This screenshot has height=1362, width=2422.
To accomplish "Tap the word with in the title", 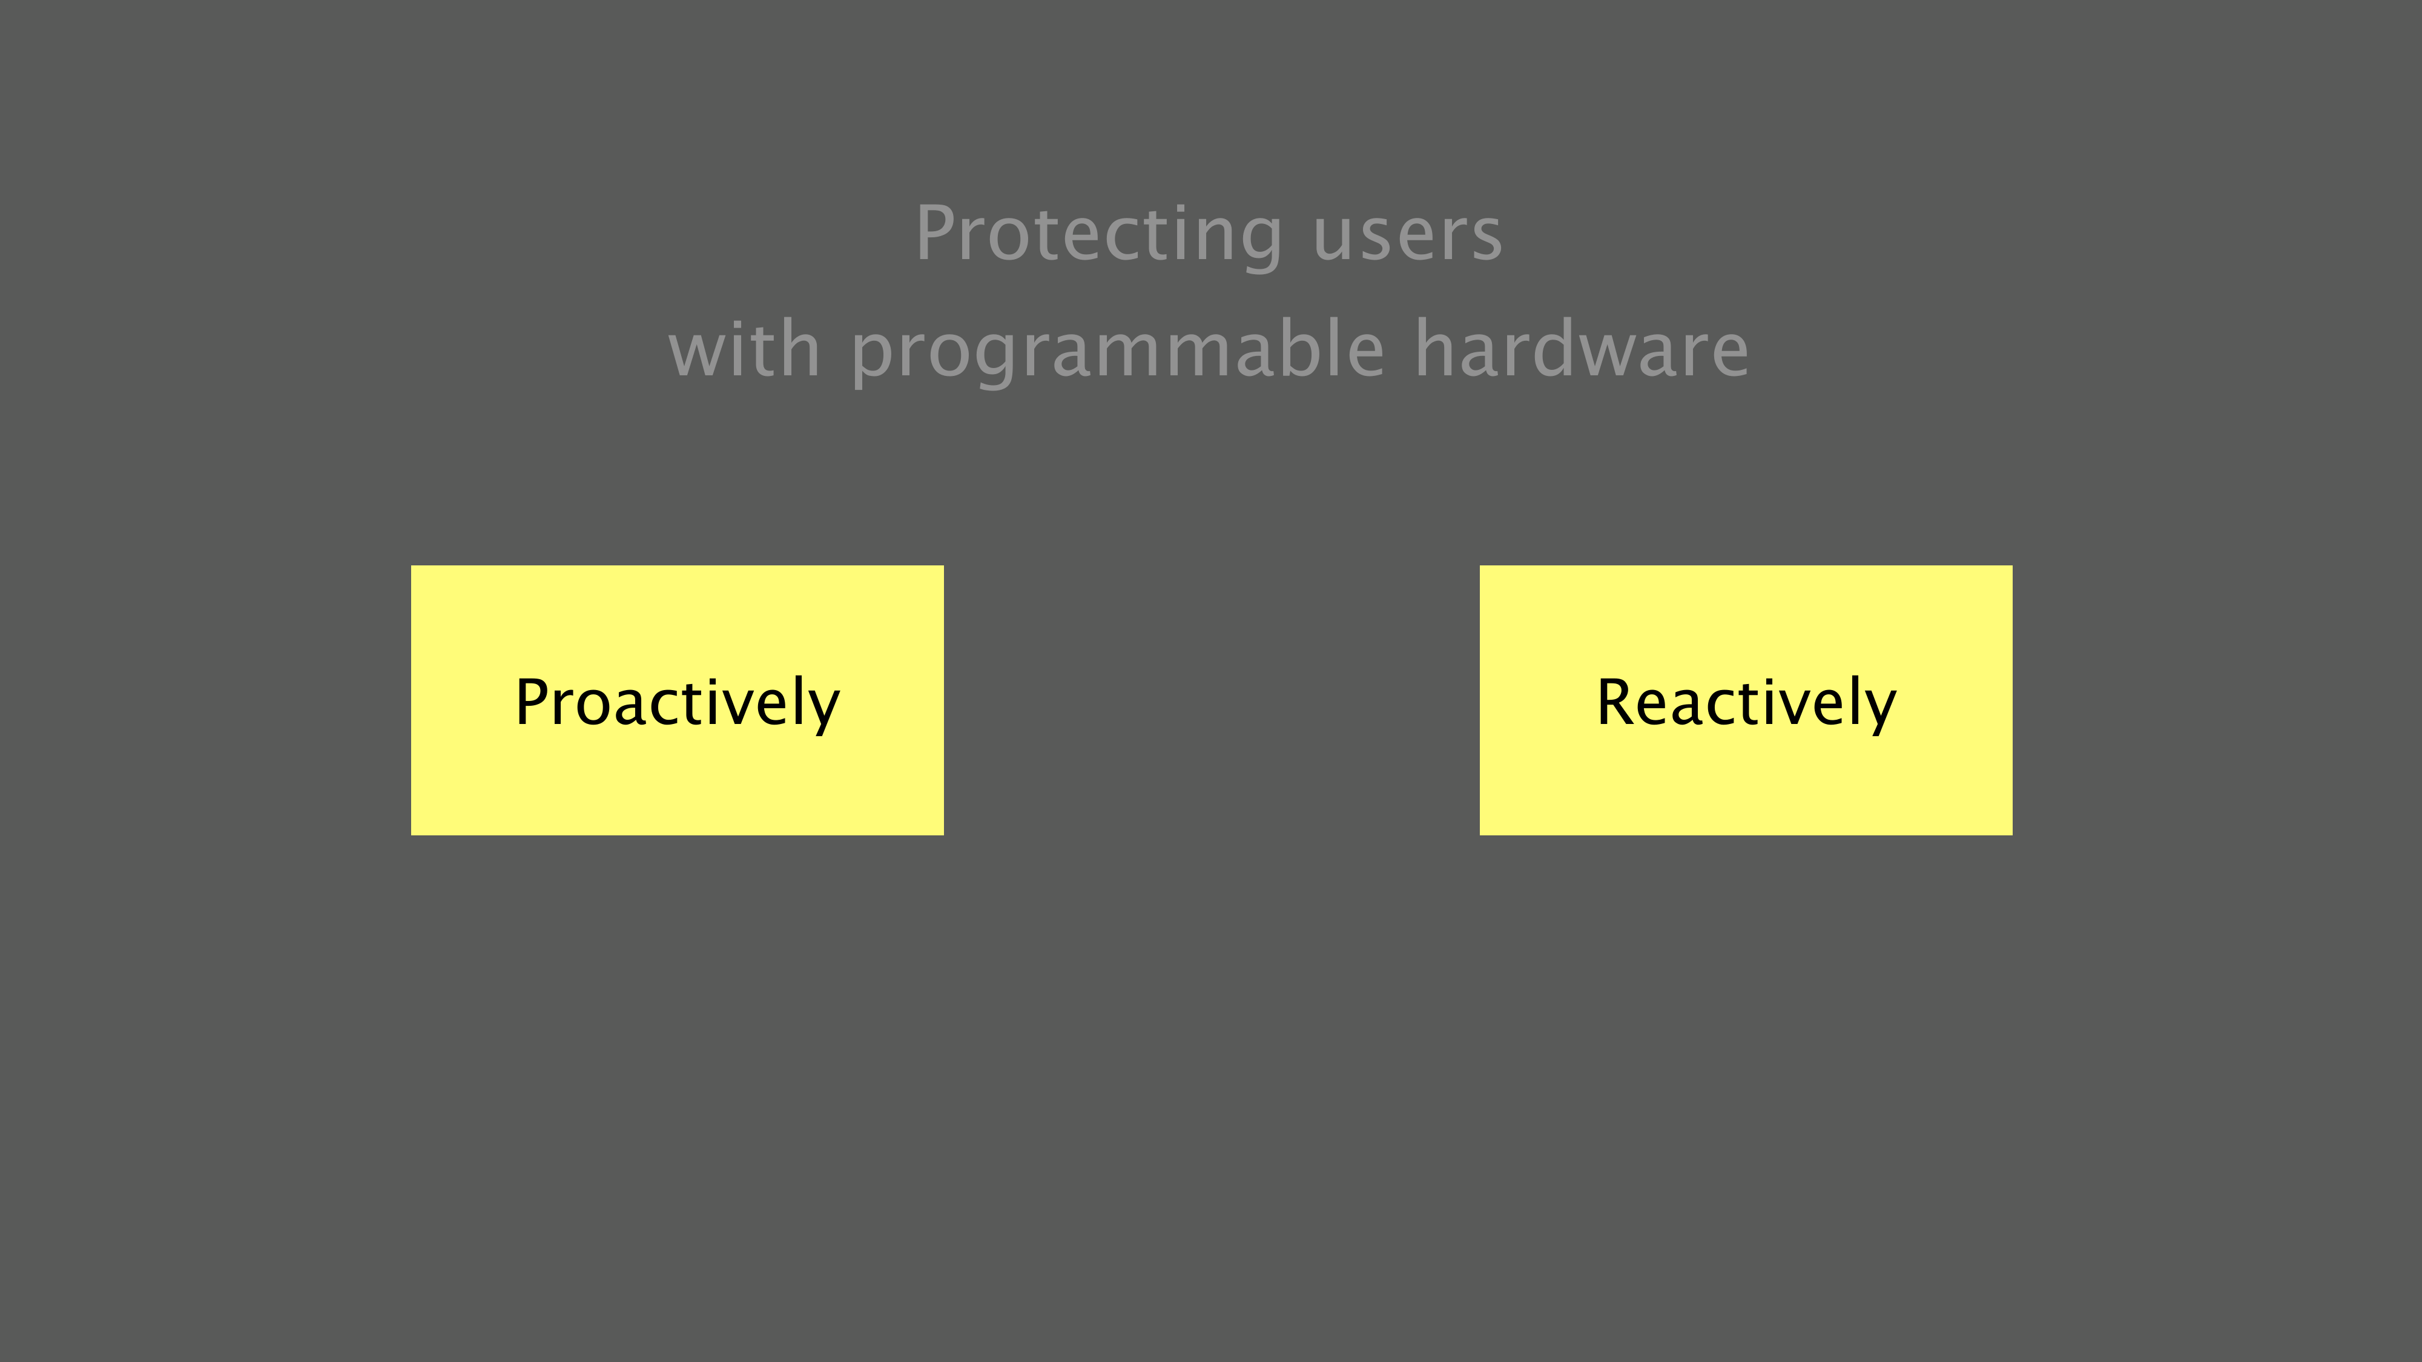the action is point(744,348).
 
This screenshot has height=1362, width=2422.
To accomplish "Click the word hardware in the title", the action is point(1582,348).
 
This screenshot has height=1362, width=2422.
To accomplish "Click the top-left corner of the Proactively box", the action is point(411,566).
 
